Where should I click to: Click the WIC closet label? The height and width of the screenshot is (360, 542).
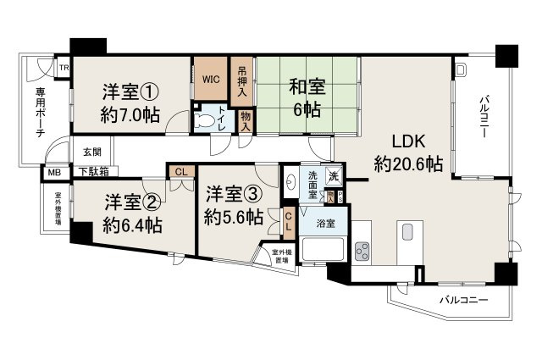click(211, 80)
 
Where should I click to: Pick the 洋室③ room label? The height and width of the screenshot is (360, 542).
click(233, 205)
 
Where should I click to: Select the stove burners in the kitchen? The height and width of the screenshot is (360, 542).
click(364, 251)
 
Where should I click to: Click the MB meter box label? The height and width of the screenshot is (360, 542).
click(53, 173)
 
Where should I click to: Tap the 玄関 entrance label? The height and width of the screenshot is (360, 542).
click(92, 152)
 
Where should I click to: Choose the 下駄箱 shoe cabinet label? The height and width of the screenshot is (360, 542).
click(93, 172)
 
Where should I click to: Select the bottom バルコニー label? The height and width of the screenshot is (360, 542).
click(463, 300)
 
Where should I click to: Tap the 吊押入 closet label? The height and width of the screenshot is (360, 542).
click(242, 80)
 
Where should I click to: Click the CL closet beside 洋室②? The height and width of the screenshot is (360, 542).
click(181, 172)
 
